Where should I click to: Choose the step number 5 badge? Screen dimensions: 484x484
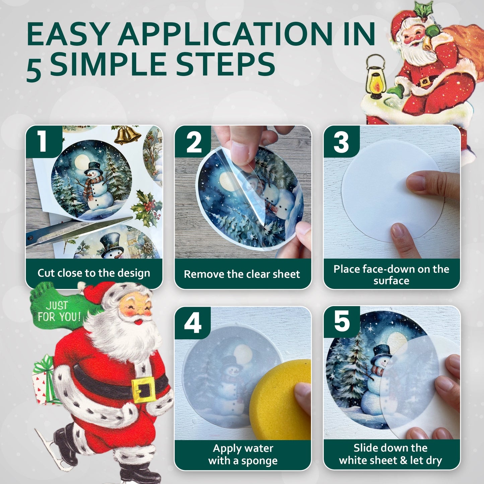(x=342, y=322)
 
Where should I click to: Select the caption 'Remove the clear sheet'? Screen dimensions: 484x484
(x=242, y=274)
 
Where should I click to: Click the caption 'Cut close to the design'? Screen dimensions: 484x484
(x=94, y=273)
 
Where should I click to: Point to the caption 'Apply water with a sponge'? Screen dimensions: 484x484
(x=243, y=455)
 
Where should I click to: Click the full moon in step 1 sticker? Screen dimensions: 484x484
(x=82, y=162)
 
